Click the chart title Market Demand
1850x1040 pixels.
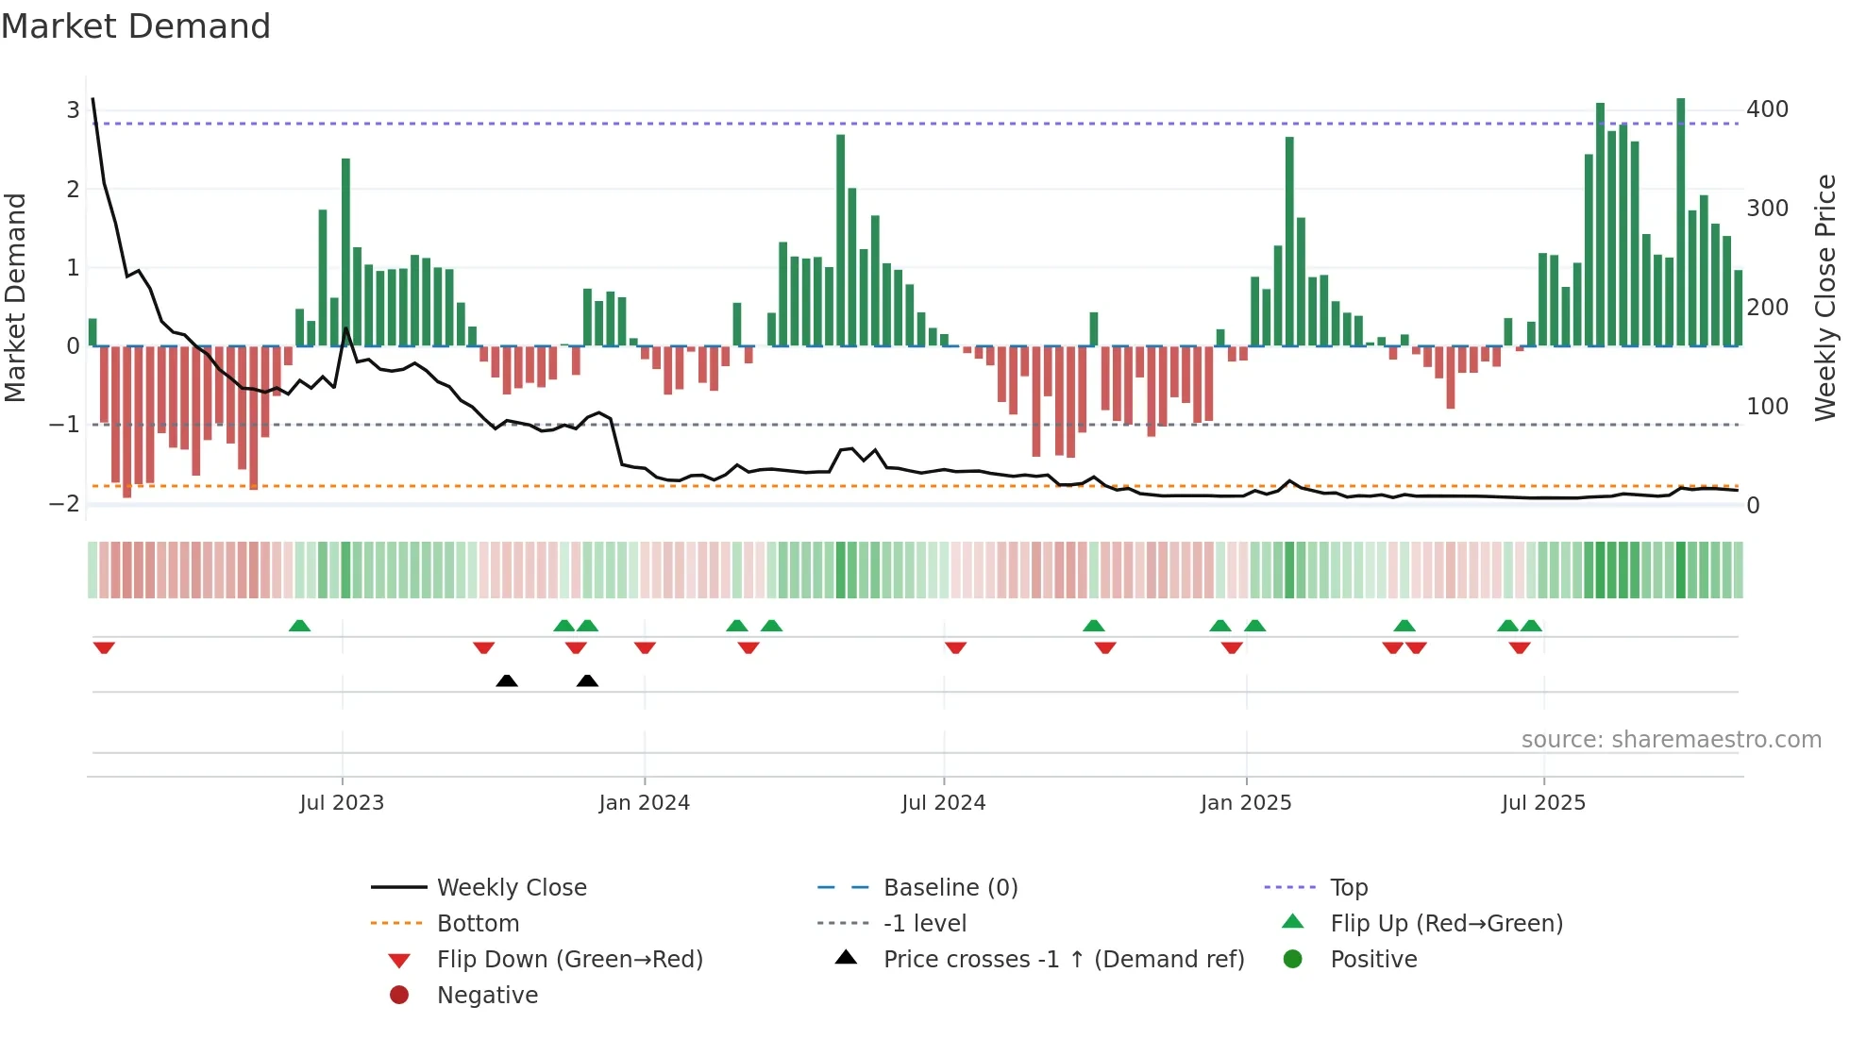136,26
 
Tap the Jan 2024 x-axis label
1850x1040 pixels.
644,803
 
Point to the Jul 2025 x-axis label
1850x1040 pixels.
1543,803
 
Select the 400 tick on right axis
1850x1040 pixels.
1767,109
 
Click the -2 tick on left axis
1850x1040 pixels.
64,503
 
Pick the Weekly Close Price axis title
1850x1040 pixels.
1825,297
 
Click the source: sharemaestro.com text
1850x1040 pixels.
1671,740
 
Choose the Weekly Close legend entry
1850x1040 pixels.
511,888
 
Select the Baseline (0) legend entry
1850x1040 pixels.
950,888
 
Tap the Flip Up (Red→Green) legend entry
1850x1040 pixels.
1445,924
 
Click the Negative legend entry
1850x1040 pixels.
487,996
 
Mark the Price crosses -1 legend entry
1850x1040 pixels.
1063,960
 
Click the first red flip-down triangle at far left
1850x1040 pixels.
104,647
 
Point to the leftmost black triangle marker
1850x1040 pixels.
507,680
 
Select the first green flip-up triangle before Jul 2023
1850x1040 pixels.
299,626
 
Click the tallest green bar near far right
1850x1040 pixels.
1680,222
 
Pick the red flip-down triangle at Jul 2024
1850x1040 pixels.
955,647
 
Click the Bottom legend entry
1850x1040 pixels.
478,924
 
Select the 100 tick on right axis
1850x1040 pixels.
1767,407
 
